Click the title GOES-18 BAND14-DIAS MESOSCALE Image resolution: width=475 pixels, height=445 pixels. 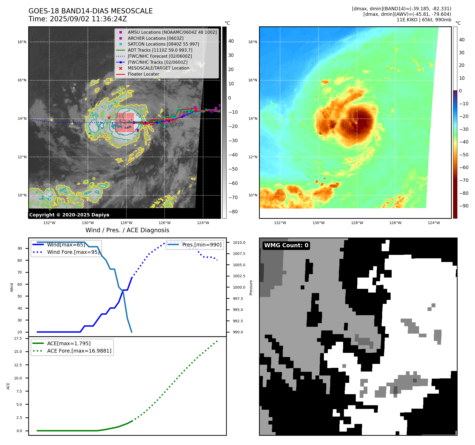coord(90,11)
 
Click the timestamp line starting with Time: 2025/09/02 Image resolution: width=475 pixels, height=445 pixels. coord(78,19)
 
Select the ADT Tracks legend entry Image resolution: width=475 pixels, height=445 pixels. coord(160,50)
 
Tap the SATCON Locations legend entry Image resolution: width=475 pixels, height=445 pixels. coord(163,44)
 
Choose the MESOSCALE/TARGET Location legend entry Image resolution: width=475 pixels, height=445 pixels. coord(158,68)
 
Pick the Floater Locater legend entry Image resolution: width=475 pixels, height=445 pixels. coord(143,74)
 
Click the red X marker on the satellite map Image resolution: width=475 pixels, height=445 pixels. coord(109,118)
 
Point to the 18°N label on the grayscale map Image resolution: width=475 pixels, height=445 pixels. coord(22,42)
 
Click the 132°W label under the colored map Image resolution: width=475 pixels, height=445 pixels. coord(280,223)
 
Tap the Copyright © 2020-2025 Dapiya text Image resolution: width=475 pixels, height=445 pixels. coord(69,215)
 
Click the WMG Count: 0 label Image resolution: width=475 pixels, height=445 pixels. coord(286,245)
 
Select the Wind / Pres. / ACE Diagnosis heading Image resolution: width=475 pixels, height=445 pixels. coord(127,230)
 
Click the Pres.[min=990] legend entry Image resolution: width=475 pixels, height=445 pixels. coord(202,245)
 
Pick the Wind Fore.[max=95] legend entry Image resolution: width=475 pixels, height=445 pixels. coord(73,252)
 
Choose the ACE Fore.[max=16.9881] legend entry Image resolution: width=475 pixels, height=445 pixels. coord(79,351)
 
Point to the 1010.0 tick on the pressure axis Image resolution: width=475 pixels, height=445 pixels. coord(239,243)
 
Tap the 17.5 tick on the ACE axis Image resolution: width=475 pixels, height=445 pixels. coord(18,338)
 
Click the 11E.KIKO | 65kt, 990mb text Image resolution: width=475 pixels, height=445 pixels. coord(424,20)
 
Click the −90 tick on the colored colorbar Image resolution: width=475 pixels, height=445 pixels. coord(464,206)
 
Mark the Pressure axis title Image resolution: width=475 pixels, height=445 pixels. coord(251,288)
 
